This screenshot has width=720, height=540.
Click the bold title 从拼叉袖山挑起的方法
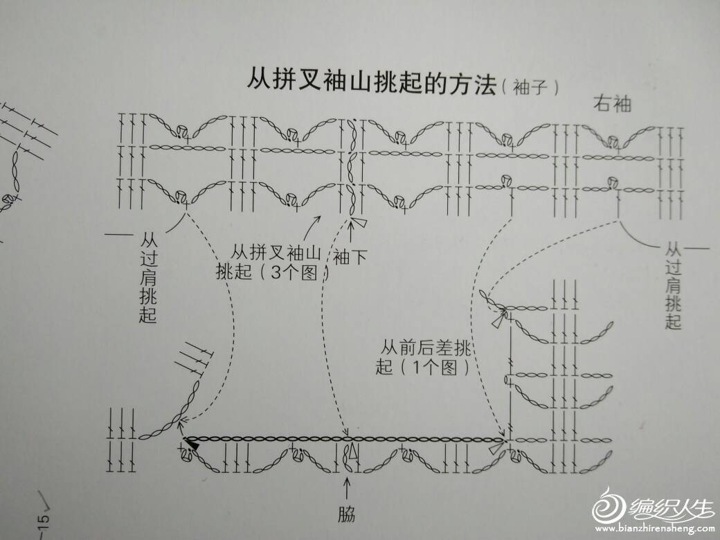coord(372,82)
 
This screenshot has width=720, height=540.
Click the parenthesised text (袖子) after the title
coord(530,87)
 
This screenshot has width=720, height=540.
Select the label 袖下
coord(350,257)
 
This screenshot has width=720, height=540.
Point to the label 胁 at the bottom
coord(347,514)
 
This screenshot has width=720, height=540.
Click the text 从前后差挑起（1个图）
coord(424,358)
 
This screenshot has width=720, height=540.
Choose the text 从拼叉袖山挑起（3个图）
coord(272,262)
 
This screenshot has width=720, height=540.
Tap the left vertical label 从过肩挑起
coord(148,278)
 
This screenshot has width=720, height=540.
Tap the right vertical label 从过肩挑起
coord(673,287)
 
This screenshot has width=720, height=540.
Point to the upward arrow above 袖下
coord(352,233)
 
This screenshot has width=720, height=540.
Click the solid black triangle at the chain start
coord(195,444)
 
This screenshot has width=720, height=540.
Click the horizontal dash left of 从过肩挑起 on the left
coord(118,235)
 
